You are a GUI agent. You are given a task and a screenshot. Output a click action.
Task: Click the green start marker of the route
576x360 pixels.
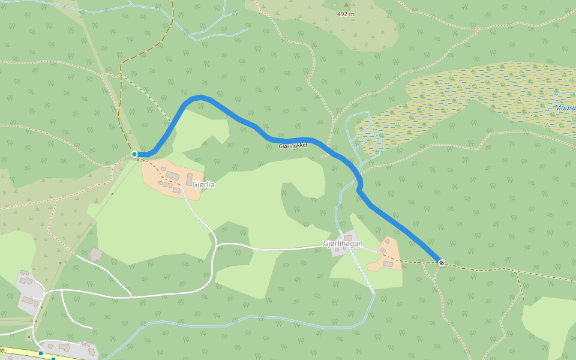coord(134,154)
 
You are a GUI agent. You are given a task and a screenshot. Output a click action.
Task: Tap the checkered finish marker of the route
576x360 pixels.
coord(442,262)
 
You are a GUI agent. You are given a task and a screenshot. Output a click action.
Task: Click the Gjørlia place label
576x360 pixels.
coord(203,185)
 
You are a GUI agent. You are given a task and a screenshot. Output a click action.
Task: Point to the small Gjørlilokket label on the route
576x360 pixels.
coord(293,146)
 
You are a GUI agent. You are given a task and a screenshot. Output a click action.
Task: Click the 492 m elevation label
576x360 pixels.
coord(346,14)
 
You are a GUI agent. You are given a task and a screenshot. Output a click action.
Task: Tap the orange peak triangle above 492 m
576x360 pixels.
coord(346,5)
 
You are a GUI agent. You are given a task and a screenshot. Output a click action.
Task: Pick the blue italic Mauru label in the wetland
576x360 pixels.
coord(565,108)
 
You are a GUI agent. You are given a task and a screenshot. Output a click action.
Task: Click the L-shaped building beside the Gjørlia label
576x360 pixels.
coord(189,179)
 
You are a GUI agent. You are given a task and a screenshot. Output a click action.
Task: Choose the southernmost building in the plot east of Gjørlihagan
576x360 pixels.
coord(388,264)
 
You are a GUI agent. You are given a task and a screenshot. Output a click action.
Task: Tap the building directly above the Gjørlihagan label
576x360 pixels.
coord(348,238)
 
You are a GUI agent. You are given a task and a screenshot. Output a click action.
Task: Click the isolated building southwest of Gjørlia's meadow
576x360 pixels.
coord(96,254)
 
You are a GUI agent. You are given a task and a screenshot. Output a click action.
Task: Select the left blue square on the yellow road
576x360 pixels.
coord(41,353)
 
